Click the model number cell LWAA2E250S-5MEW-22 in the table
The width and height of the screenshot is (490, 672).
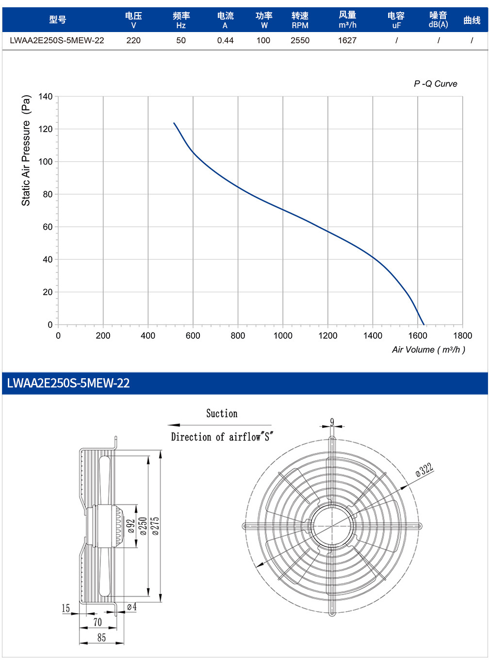(x=57, y=40)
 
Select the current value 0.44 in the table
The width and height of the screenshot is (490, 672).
(x=226, y=40)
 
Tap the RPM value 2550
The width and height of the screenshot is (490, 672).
(x=300, y=40)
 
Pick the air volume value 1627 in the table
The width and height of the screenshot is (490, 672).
(x=347, y=40)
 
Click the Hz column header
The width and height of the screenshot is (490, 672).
(x=181, y=20)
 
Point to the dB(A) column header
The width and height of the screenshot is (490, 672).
(x=438, y=20)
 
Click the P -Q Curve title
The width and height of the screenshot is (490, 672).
(x=436, y=84)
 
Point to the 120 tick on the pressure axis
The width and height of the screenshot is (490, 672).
(x=46, y=129)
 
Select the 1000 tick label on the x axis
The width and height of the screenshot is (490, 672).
(x=283, y=336)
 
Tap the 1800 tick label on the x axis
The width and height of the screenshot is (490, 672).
(x=462, y=336)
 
